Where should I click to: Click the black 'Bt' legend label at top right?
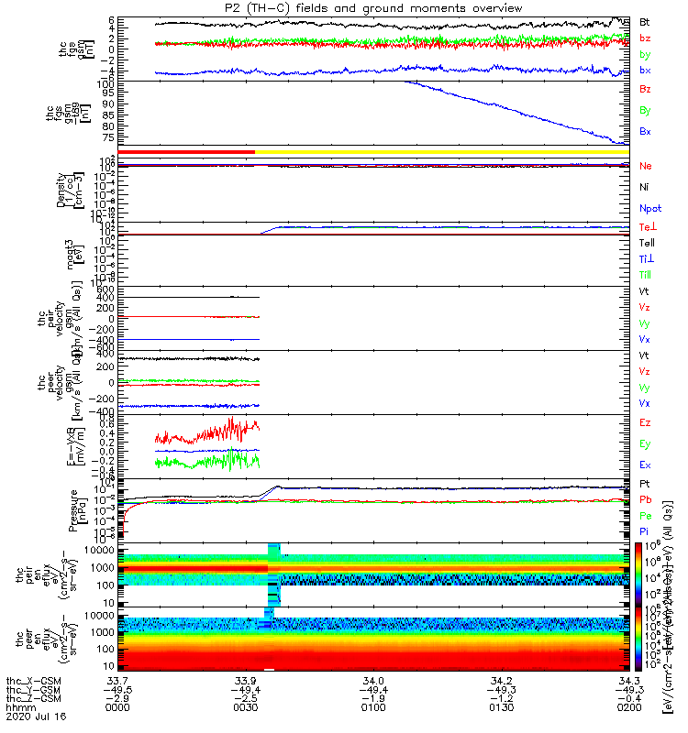[x=645, y=21]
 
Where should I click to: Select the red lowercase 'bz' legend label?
[x=645, y=38]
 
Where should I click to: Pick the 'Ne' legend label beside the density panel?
[x=645, y=166]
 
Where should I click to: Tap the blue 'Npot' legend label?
[x=649, y=208]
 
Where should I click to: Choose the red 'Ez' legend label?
[x=645, y=423]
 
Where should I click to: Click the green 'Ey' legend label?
[x=645, y=444]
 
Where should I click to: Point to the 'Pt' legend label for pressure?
[x=645, y=483]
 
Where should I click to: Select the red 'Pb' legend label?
[x=645, y=499]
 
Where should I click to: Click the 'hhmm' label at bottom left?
[x=20, y=708]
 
